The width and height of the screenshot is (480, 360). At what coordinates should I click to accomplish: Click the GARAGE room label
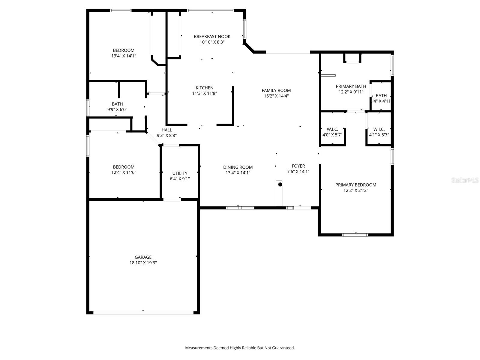point(143,257)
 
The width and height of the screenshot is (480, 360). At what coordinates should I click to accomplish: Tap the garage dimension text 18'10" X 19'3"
point(143,263)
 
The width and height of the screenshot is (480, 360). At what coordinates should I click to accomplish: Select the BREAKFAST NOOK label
point(212,37)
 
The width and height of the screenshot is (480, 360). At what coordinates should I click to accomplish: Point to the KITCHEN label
point(205,88)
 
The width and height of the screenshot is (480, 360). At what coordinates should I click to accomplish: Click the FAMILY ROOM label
point(276,90)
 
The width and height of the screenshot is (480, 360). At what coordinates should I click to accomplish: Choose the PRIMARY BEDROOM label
point(355,185)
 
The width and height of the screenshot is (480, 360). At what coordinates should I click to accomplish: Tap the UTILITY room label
point(180,173)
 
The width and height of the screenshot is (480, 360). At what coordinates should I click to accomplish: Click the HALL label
point(166,130)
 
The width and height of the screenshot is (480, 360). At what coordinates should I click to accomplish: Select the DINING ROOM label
point(238,167)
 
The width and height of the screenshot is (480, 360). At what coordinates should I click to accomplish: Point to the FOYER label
point(298,166)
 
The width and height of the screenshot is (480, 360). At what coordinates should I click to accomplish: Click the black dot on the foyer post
point(280,184)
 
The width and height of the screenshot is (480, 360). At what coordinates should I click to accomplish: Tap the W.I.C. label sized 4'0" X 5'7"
point(332,129)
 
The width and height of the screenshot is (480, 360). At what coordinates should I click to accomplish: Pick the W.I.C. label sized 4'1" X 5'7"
point(379,129)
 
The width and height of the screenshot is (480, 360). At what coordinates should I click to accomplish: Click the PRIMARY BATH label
point(351,86)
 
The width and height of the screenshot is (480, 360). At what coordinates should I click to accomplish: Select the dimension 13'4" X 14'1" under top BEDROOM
point(124,56)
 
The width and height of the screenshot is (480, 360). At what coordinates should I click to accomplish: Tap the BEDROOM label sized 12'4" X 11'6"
point(124,167)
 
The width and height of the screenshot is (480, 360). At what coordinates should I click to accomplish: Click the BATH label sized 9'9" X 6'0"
point(117,104)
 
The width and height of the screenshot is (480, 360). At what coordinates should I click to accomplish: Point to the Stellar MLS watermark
point(465,180)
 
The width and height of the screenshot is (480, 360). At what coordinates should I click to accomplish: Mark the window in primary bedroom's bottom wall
point(355,235)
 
